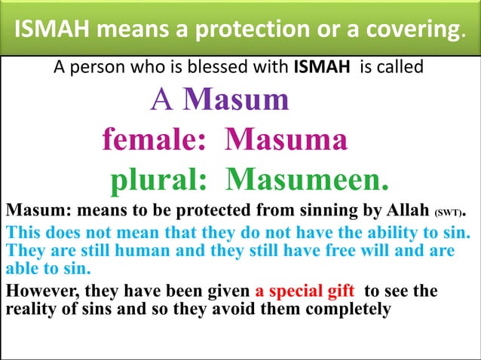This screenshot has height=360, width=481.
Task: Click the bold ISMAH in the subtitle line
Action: pyautogui.click(x=318, y=67)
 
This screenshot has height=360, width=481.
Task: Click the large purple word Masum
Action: pyautogui.click(x=236, y=99)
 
